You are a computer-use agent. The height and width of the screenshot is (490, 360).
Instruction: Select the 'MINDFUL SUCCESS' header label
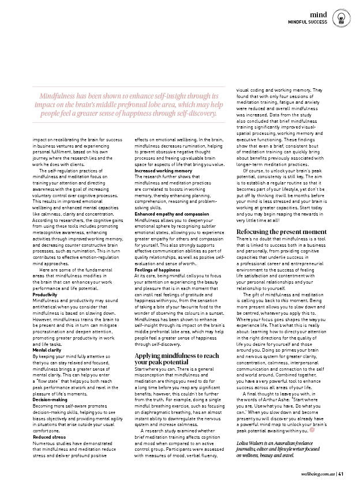(x=308, y=21)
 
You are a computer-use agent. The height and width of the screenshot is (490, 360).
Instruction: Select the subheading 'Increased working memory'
(x=163, y=171)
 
